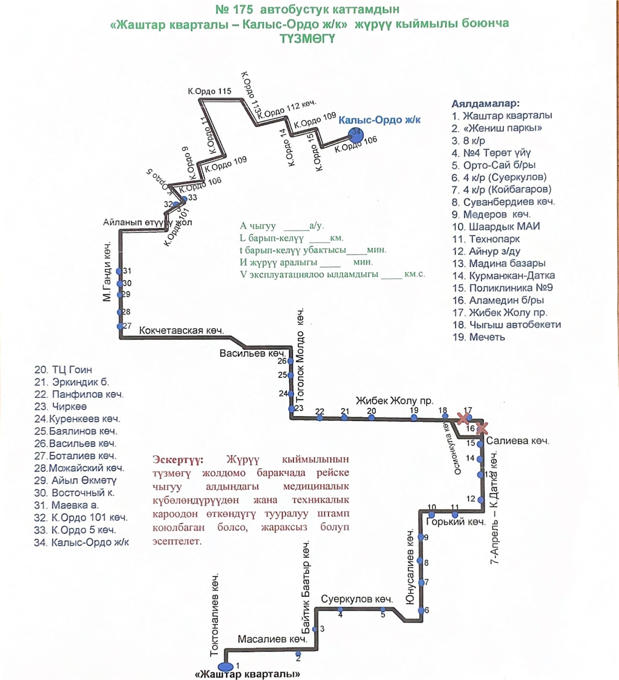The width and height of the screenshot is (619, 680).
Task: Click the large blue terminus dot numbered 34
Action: click(356, 135)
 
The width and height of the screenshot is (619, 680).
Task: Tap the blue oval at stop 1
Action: click(225, 666)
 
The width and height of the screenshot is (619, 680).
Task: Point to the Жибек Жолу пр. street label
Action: click(394, 401)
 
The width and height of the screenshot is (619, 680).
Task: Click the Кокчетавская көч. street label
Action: click(181, 331)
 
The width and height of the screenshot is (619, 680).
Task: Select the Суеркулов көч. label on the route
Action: click(357, 599)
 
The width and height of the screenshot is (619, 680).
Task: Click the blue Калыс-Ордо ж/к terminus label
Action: click(379, 120)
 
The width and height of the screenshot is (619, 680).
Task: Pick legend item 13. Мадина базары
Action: click(499, 263)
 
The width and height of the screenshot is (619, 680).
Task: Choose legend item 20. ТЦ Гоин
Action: click(63, 370)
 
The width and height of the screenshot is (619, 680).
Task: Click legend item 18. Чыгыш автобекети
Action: click(506, 324)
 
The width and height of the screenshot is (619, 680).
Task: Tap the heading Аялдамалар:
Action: click(485, 103)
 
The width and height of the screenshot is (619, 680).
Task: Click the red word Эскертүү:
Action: click(178, 460)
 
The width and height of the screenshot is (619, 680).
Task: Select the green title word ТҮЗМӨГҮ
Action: click(307, 39)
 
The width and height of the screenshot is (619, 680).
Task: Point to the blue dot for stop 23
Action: click(292, 409)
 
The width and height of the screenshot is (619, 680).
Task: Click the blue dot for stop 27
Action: click(120, 326)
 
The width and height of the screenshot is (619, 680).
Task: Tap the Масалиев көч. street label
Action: click(273, 639)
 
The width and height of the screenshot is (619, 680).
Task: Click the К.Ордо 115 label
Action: click(210, 91)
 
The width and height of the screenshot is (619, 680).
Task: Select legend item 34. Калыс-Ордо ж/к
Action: click(81, 542)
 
